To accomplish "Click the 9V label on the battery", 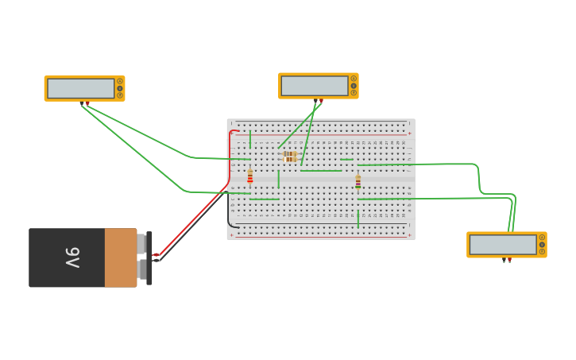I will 72,257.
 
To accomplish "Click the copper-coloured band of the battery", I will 120,257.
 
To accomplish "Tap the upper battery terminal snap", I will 141,243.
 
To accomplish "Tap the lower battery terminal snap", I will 141,270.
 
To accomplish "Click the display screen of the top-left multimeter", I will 80,88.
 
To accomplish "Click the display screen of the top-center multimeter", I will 315,86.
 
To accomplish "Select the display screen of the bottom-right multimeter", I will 503,245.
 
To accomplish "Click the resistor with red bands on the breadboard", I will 249,176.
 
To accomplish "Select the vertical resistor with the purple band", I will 358,181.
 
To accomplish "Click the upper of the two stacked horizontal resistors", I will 290,154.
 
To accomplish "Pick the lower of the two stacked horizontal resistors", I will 290,160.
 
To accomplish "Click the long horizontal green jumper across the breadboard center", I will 321,171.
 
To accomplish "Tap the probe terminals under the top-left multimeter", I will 84,103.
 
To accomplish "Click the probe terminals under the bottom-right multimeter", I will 506,260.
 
